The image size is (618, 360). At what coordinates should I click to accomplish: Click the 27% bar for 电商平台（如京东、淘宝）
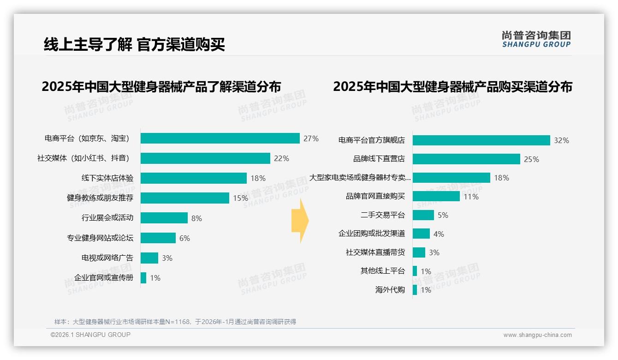pyautogui.click(x=220, y=138)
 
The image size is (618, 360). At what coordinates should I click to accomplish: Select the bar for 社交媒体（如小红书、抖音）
pyautogui.click(x=205, y=158)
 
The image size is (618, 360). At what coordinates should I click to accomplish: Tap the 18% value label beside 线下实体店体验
pyautogui.click(x=258, y=178)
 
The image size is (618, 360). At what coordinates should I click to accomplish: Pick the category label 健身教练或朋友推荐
pyautogui.click(x=100, y=198)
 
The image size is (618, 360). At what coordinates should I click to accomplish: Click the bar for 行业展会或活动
pyautogui.click(x=164, y=218)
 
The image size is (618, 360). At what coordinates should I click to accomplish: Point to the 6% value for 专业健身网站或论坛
pyautogui.click(x=184, y=238)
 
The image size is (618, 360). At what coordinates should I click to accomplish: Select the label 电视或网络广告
pyautogui.click(x=107, y=258)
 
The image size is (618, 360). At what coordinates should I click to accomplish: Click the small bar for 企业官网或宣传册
pyautogui.click(x=143, y=278)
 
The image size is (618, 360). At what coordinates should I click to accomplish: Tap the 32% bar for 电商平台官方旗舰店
pyautogui.click(x=481, y=140)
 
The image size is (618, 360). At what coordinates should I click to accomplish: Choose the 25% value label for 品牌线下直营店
pyautogui.click(x=531, y=159)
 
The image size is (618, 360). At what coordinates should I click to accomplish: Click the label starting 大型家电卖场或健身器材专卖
pyautogui.click(x=360, y=178)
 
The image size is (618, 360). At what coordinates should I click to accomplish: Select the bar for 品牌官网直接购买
pyautogui.click(x=436, y=196)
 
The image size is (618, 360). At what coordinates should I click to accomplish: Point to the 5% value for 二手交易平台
pyautogui.click(x=443, y=215)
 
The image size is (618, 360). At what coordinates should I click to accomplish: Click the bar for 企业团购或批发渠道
pyautogui.click(x=421, y=234)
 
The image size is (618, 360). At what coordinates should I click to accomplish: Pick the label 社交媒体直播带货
pyautogui.click(x=375, y=252)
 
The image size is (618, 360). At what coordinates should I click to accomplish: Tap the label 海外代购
pyautogui.click(x=390, y=290)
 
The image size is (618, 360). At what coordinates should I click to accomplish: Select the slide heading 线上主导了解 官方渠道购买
pyautogui.click(x=134, y=45)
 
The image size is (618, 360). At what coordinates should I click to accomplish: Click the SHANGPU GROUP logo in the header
pyautogui.click(x=536, y=39)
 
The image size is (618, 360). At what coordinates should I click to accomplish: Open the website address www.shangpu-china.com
pyautogui.click(x=537, y=335)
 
